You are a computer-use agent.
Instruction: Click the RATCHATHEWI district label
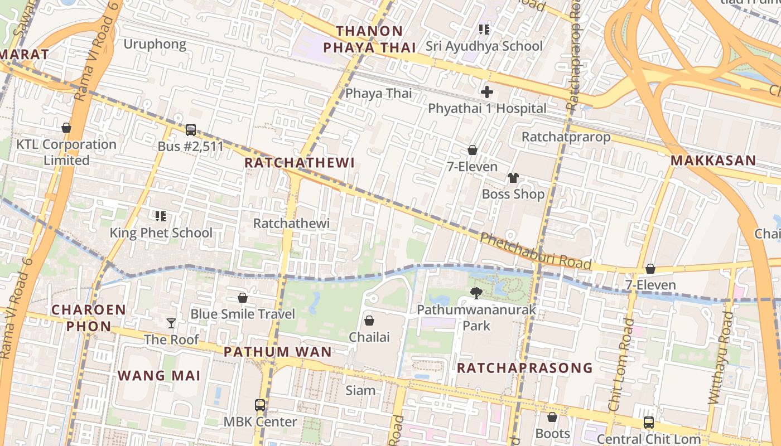point(300,163)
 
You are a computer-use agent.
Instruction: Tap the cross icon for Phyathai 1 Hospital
point(486,92)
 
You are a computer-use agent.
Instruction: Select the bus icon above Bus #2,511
point(191,130)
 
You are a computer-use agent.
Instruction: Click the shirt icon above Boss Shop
point(513,178)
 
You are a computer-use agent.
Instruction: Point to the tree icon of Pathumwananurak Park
point(476,293)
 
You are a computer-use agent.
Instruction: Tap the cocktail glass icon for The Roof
point(171,323)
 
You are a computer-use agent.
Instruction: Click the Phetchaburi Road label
point(535,251)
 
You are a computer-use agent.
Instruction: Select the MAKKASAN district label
point(713,161)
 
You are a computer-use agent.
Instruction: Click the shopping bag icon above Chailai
point(369,321)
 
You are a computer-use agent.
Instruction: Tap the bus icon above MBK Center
point(260,405)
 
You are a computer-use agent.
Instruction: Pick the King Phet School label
point(161,232)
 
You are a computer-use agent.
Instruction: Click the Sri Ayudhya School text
point(484,46)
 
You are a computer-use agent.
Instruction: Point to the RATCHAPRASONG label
point(524,368)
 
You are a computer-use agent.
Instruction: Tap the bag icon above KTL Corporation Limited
point(66,128)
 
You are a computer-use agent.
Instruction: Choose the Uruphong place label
point(155,44)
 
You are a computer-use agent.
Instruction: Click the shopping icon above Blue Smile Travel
point(243,298)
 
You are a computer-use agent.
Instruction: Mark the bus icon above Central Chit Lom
point(648,423)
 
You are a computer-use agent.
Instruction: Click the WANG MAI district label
point(159,376)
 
